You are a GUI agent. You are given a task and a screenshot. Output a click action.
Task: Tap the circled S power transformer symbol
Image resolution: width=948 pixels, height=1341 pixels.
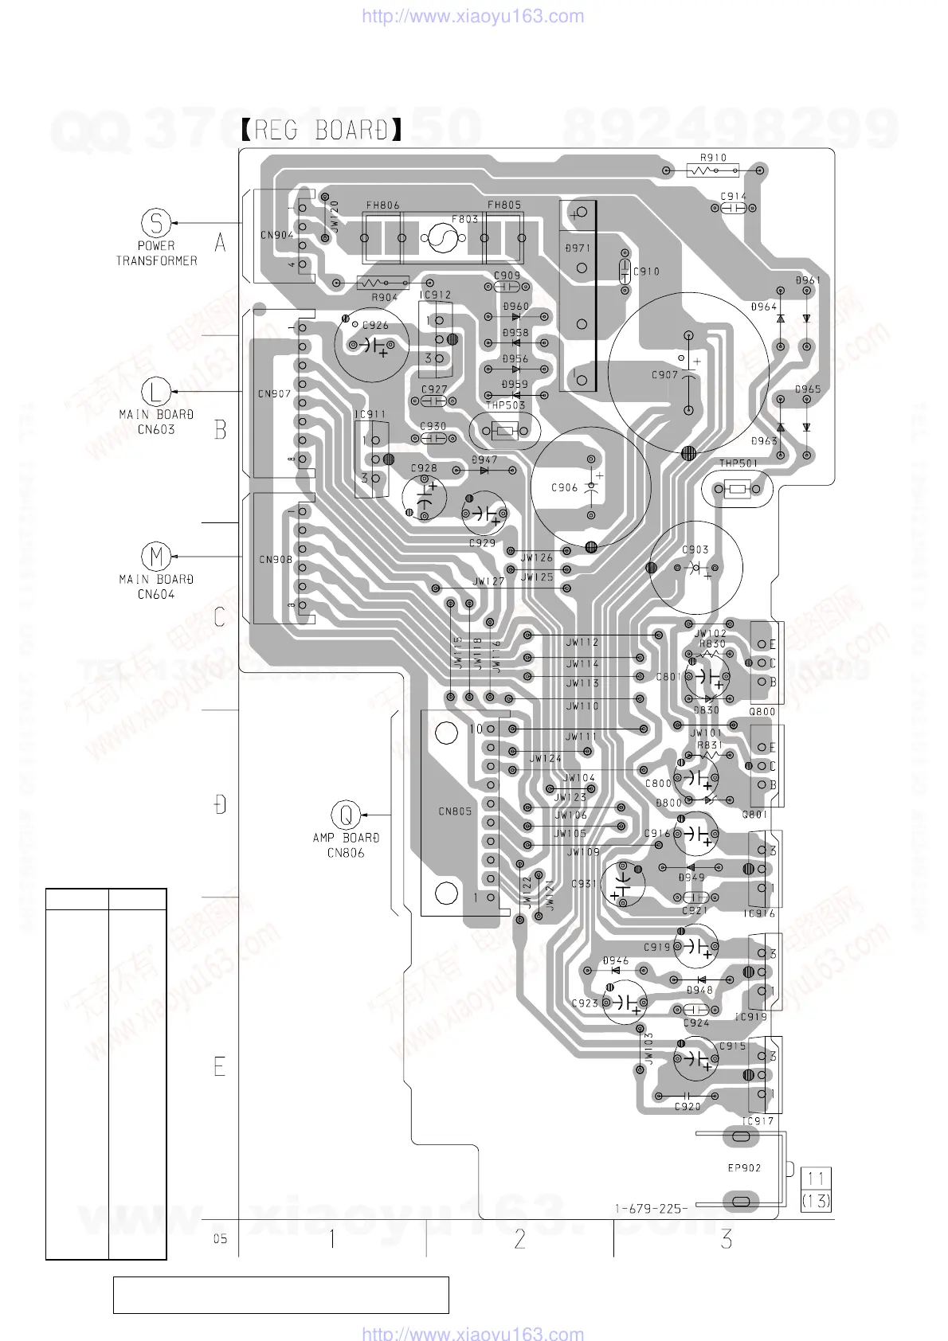point(156,222)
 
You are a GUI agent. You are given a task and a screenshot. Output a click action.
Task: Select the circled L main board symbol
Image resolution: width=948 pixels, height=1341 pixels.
point(156,391)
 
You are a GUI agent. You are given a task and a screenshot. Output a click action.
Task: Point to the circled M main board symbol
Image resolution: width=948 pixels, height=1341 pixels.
point(156,556)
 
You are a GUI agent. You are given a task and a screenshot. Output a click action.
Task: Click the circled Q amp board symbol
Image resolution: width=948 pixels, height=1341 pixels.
point(346,815)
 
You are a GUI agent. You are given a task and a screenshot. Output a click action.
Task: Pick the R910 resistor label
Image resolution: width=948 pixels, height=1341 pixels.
point(713,158)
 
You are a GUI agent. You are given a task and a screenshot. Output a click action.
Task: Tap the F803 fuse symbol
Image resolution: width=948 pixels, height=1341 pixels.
point(442,237)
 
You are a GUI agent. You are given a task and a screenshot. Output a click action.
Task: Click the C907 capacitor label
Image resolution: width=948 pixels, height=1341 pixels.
point(664,375)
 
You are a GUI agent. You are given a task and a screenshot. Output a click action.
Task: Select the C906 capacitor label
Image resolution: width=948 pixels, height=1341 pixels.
point(564,488)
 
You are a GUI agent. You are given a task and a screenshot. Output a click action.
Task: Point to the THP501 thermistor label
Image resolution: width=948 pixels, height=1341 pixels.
point(738,463)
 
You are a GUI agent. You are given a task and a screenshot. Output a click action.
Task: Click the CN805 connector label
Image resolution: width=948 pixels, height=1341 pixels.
point(455,811)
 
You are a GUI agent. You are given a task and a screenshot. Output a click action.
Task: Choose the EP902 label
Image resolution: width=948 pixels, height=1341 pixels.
point(744,1168)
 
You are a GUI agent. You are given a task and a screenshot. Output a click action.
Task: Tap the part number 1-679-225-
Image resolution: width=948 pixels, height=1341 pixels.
point(651,1209)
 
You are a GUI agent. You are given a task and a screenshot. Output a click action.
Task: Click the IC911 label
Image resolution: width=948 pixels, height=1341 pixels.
point(370,415)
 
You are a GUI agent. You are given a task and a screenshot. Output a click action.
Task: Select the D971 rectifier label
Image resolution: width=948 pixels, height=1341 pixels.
point(578,248)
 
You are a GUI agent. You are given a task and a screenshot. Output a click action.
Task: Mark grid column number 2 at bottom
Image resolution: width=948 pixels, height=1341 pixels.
point(519,1239)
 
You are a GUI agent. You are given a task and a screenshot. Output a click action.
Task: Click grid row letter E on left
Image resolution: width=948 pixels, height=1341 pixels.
point(220,1066)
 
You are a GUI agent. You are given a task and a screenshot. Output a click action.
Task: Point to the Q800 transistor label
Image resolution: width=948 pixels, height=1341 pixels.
point(762,712)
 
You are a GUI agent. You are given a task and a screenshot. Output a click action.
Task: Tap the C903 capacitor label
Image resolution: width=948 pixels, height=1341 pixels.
point(695,550)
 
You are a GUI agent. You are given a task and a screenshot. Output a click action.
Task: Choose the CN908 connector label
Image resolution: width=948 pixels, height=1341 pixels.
point(275,560)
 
